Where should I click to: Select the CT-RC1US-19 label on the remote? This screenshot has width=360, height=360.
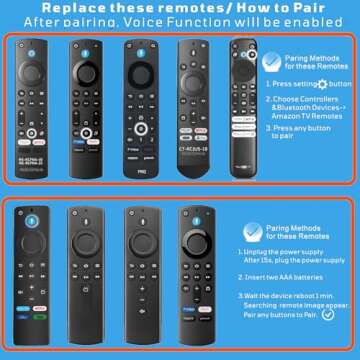point(193,148)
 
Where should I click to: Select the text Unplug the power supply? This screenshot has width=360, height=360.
point(298,250)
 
